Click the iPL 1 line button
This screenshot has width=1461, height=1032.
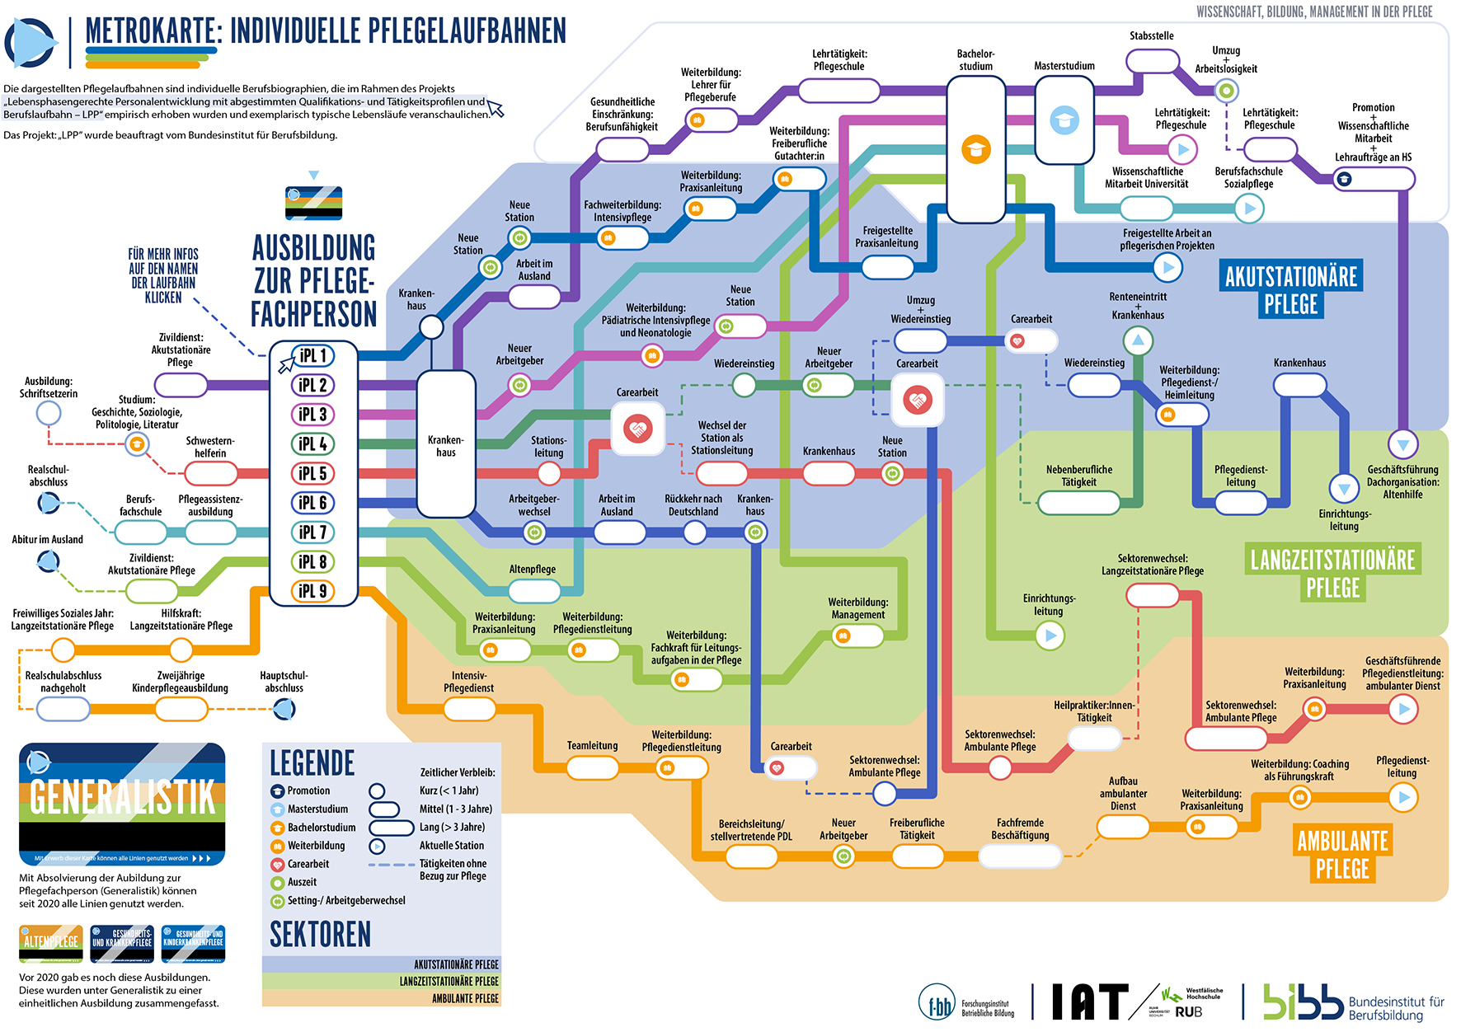313,355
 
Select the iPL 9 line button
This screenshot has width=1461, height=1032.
313,591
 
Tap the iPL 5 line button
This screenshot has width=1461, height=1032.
313,473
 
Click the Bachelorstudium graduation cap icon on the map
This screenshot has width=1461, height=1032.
975,149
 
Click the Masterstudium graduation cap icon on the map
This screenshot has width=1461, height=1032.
1064,120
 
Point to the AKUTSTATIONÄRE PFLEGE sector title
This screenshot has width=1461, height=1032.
1290,289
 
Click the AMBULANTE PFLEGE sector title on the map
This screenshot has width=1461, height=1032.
1342,855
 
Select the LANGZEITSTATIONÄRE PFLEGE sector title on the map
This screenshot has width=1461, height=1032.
1332,574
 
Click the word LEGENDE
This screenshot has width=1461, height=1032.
312,763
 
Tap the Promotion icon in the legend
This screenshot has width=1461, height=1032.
278,791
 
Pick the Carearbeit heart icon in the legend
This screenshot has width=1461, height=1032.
278,865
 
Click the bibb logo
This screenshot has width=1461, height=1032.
1303,1002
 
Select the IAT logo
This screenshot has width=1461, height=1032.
1089,1002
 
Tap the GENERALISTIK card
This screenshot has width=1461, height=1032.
122,804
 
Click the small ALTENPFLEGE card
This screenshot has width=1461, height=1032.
51,943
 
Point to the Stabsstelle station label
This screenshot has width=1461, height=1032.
1151,36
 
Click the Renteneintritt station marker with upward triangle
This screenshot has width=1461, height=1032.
1138,340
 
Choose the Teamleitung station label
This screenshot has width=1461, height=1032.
592,746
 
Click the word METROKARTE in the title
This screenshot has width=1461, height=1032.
153,31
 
